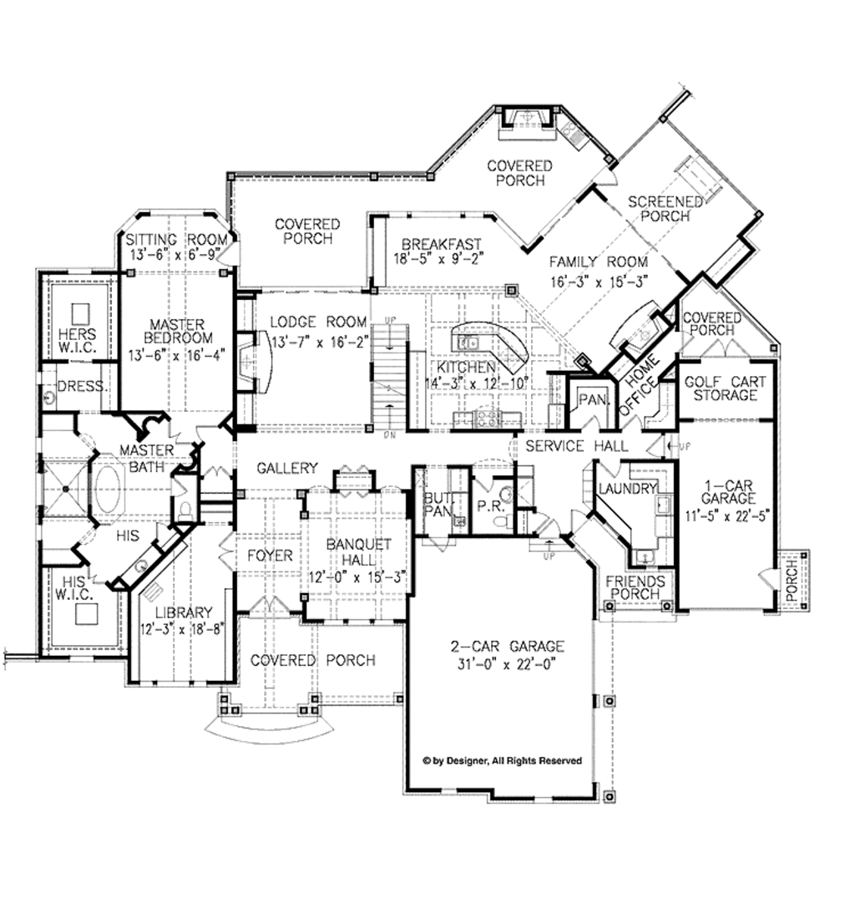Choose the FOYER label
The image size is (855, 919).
pyautogui.click(x=270, y=556)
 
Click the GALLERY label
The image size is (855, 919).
pyautogui.click(x=287, y=468)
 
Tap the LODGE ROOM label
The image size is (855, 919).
pyautogui.click(x=319, y=322)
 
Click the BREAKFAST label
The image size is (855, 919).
pyautogui.click(x=441, y=244)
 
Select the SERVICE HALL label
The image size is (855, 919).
pyautogui.click(x=575, y=446)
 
